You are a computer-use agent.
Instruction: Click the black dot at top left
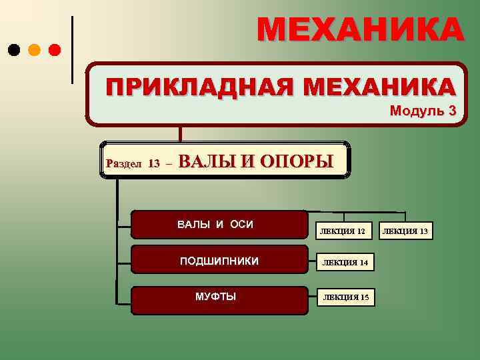(x=13, y=49)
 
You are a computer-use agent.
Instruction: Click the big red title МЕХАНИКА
(x=360, y=30)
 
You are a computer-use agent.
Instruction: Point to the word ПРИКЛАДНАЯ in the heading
(x=199, y=87)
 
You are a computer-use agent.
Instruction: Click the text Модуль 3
(x=423, y=111)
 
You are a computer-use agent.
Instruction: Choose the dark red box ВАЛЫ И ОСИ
(x=215, y=224)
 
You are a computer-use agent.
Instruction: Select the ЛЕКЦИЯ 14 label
(x=345, y=263)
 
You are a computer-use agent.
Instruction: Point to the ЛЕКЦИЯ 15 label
(x=345, y=297)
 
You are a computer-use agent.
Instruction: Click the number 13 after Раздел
(x=154, y=163)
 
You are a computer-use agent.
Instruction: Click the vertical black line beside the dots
(x=72, y=50)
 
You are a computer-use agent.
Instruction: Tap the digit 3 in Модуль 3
(x=453, y=111)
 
